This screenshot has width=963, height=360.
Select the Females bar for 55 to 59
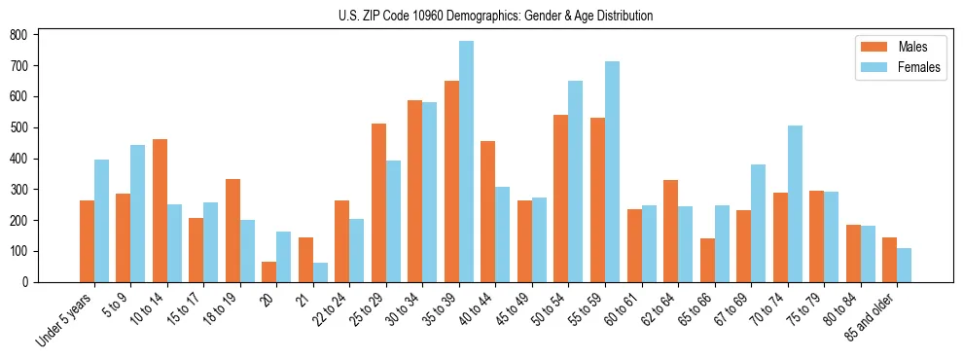click(612, 171)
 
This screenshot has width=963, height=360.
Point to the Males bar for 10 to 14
click(160, 210)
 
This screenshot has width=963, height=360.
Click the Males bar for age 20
click(269, 271)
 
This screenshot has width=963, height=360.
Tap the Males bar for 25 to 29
click(378, 202)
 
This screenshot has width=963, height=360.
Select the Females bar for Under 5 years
click(101, 221)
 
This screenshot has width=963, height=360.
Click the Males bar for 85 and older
click(889, 260)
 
